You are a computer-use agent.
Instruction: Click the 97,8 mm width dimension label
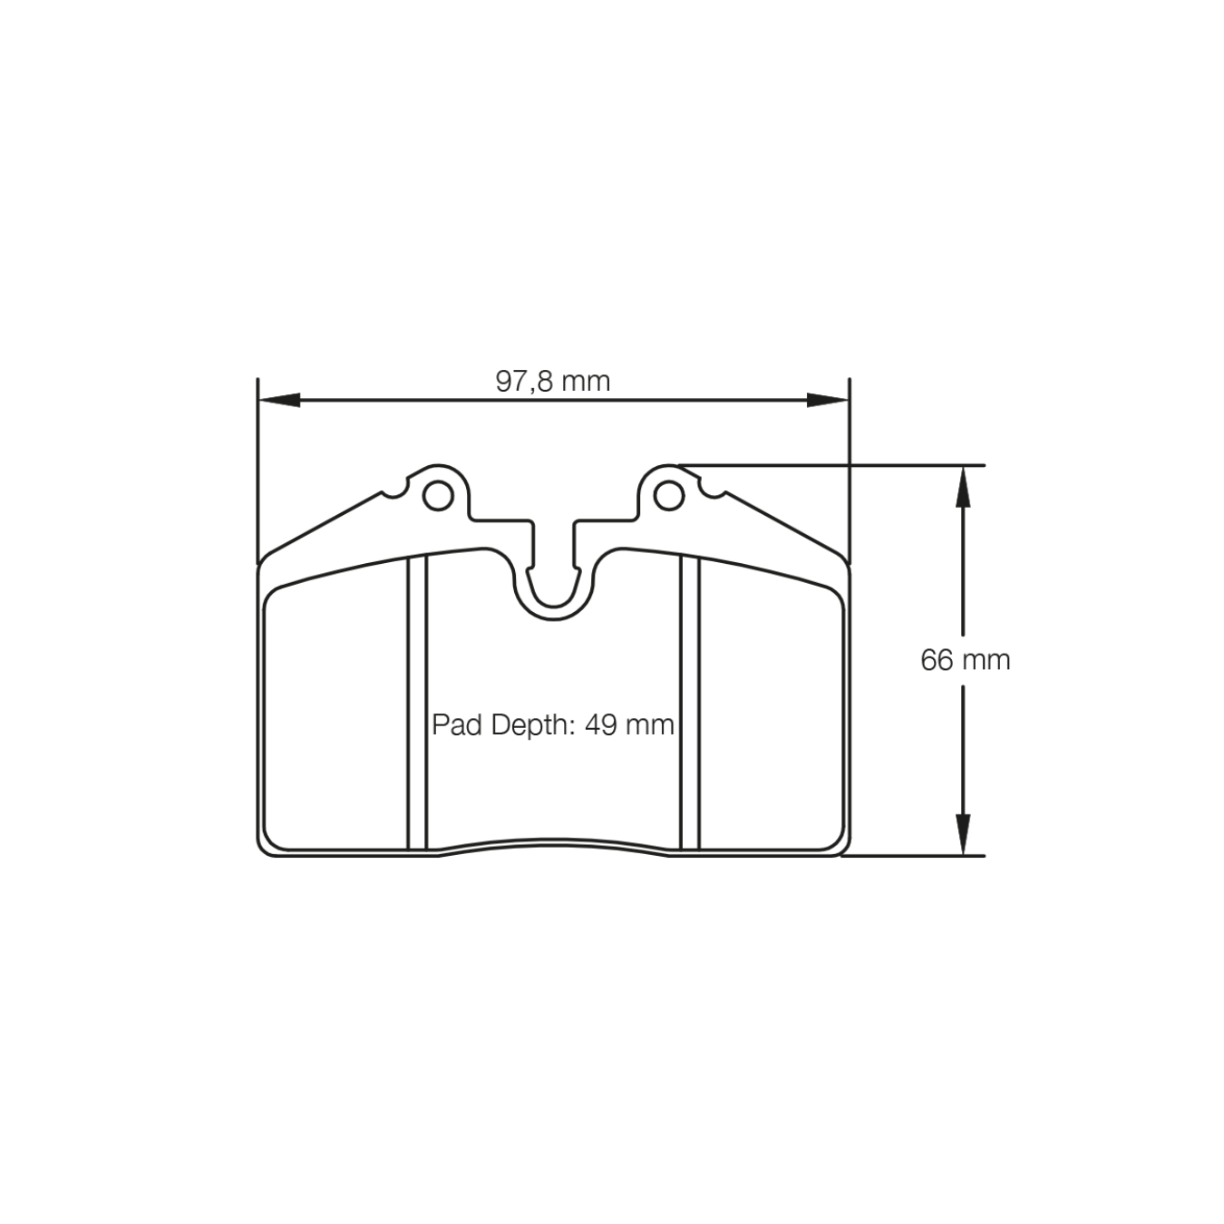(553, 381)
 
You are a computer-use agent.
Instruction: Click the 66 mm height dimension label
(965, 660)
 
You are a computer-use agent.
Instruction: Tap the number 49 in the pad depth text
(601, 725)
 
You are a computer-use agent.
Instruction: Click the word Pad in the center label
(455, 725)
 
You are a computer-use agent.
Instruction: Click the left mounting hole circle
(438, 495)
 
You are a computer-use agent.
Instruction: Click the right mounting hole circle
(669, 495)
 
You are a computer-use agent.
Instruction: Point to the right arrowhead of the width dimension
(828, 400)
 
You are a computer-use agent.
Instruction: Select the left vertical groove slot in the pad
(417, 703)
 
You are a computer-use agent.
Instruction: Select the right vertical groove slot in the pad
(690, 703)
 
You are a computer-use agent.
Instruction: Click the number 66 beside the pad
(937, 660)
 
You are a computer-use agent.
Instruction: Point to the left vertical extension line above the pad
(258, 462)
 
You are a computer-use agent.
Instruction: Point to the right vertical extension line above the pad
(850, 462)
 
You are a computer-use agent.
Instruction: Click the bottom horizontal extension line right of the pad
(916, 855)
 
